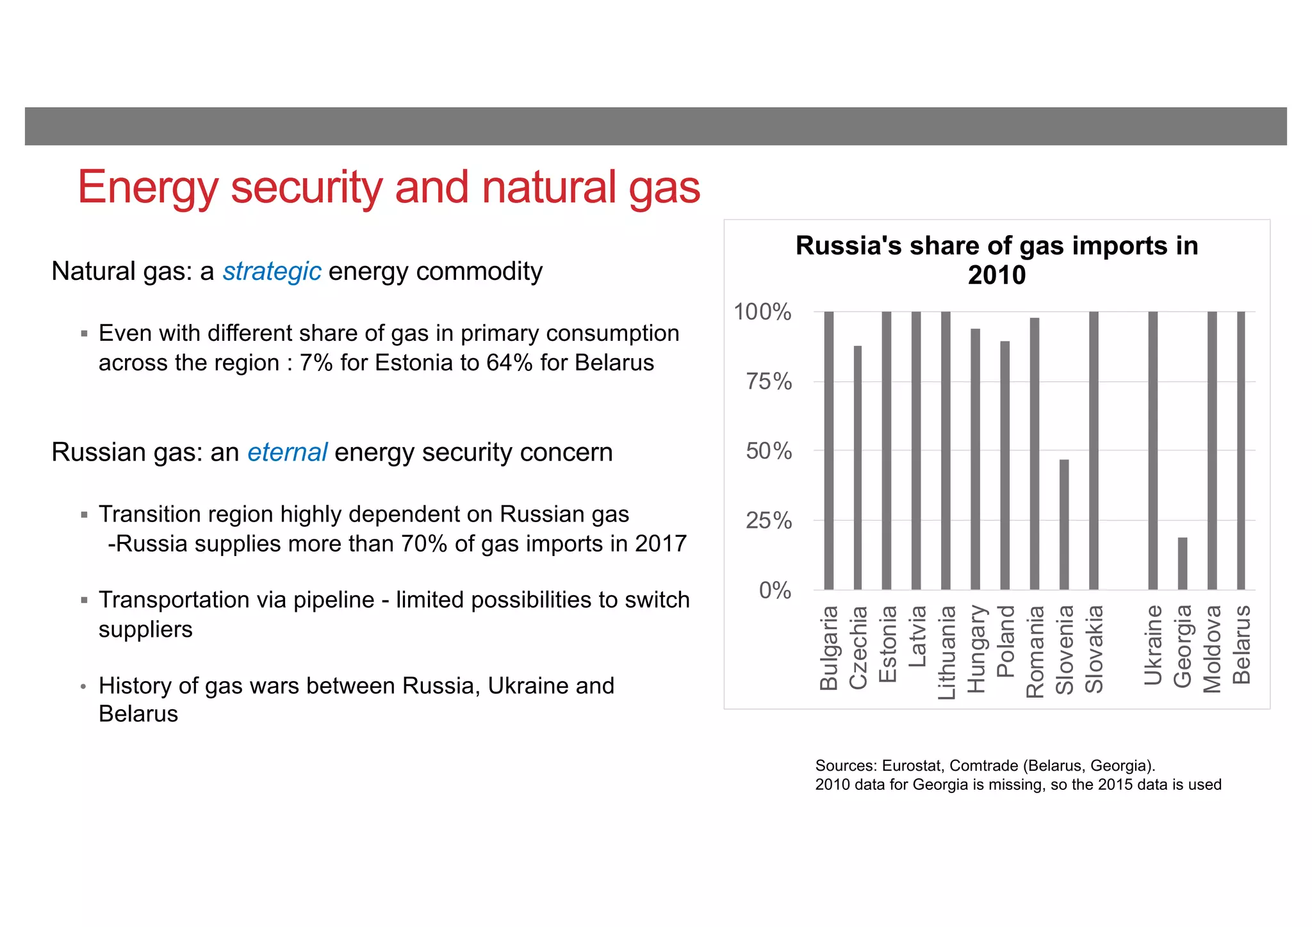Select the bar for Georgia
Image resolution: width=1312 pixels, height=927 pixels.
click(x=1182, y=563)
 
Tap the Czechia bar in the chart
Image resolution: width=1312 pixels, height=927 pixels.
click(x=857, y=468)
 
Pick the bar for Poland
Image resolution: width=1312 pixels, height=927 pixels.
click(x=1004, y=465)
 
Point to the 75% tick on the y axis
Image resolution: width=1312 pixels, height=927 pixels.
click(x=769, y=382)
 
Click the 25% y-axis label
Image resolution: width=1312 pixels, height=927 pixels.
click(x=769, y=521)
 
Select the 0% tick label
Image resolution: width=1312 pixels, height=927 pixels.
click(x=775, y=590)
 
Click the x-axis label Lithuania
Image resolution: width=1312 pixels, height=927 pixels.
click(x=946, y=652)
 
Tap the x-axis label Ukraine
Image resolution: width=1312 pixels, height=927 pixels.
click(x=1152, y=645)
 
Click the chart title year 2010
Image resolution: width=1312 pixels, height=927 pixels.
click(x=996, y=275)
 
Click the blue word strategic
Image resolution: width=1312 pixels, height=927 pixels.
click(x=272, y=272)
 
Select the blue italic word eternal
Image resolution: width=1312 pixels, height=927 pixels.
click(x=287, y=452)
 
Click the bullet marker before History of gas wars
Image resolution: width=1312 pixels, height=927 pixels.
click(x=83, y=687)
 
